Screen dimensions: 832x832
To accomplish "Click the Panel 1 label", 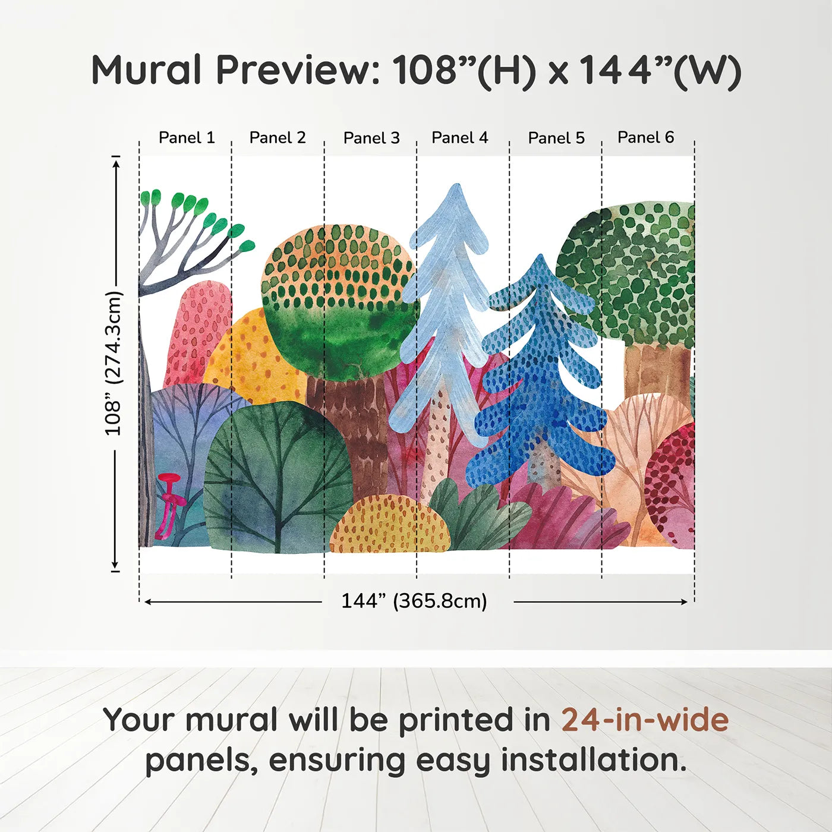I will [186, 138].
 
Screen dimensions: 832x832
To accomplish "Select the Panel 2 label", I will [277, 138].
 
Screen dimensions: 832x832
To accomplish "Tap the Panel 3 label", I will [371, 138].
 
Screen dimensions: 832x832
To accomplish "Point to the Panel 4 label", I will [459, 138].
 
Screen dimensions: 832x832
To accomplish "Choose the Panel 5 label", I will [556, 138].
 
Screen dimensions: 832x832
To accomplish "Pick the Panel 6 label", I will [645, 138].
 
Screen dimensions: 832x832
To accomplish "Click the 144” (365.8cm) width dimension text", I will [414, 601].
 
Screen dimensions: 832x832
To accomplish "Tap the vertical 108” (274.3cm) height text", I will [113, 363].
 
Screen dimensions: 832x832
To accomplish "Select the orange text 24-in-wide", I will [645, 720].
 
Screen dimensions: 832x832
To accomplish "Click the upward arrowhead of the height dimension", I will [116, 160].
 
